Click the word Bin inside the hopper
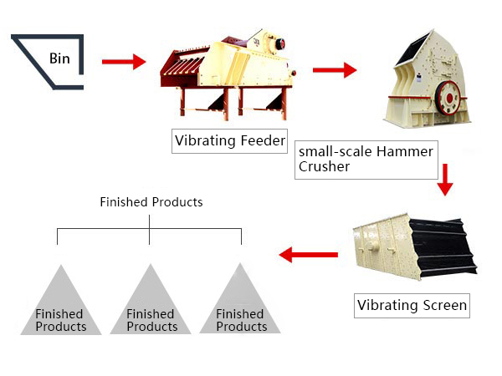(59, 58)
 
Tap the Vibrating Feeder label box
(228, 140)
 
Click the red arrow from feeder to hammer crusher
(334, 71)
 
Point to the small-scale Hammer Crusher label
(366, 159)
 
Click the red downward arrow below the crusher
(445, 178)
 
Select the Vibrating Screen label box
(412, 305)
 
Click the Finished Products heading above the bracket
(151, 202)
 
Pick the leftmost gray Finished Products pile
(60, 305)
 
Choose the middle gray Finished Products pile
(151, 305)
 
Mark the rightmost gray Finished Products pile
(241, 305)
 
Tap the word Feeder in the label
(261, 140)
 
